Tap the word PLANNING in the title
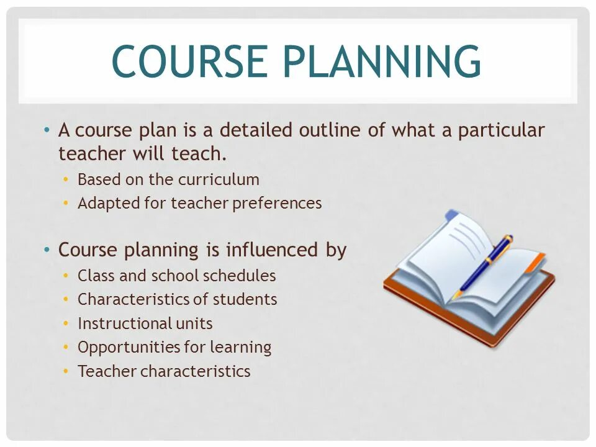coord(383,61)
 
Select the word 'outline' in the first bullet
coord(335,130)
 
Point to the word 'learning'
coord(240,348)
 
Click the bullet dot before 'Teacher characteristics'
coord(66,371)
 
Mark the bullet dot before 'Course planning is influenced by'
coord(47,250)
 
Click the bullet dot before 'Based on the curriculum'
coord(66,179)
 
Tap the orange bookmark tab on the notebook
coord(535,263)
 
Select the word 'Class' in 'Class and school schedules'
coord(93,276)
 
